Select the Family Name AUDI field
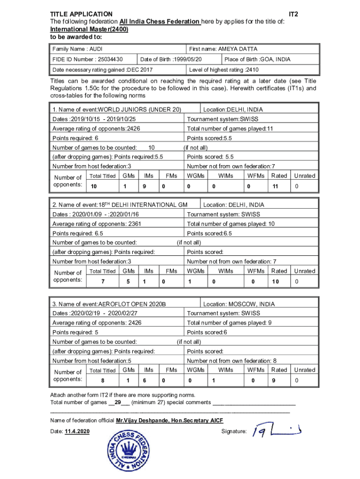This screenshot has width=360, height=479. [x=78, y=49]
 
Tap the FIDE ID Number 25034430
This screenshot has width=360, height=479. [x=87, y=59]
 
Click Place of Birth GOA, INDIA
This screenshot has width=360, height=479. [x=257, y=59]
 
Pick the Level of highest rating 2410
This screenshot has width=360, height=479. [x=223, y=70]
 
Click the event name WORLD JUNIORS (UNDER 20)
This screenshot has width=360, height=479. [x=117, y=109]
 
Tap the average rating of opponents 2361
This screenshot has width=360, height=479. [x=97, y=224]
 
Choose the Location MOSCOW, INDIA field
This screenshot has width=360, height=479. [x=239, y=304]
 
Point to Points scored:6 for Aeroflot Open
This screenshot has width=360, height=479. [x=207, y=332]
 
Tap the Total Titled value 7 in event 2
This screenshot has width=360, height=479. [x=102, y=282]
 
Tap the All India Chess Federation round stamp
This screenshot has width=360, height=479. [x=130, y=452]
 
